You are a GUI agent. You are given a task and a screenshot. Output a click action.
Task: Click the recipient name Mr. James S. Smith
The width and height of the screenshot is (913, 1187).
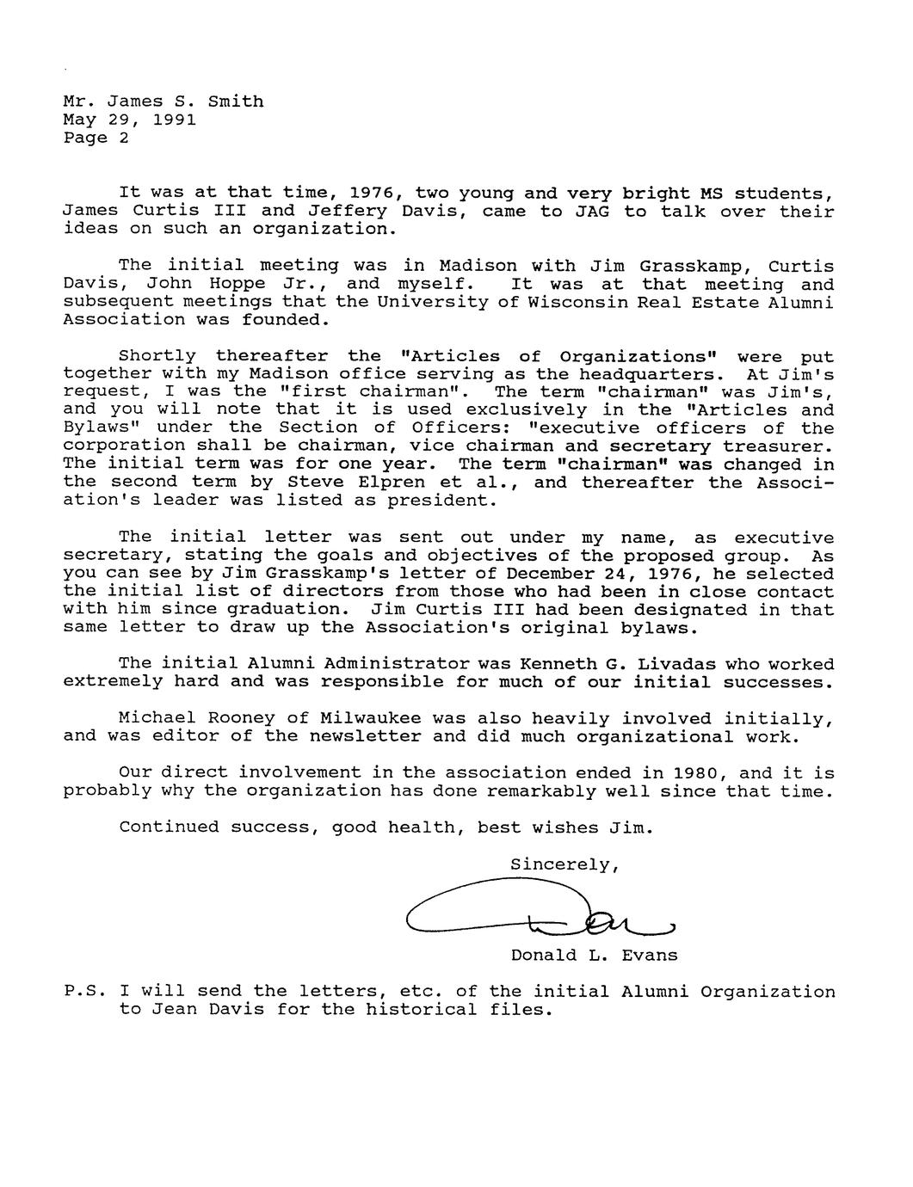pyautogui.click(x=163, y=101)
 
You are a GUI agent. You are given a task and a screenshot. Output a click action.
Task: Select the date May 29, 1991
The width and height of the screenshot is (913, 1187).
pyautogui.click(x=129, y=120)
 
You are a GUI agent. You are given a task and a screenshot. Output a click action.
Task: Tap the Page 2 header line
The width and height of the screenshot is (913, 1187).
pyautogui.click(x=96, y=138)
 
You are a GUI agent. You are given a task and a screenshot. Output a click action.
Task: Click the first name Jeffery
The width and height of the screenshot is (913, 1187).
pyautogui.click(x=336, y=211)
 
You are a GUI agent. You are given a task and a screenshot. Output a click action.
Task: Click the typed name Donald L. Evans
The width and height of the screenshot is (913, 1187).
pyautogui.click(x=594, y=955)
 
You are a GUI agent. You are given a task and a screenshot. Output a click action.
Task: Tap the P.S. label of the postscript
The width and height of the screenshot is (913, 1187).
pyautogui.click(x=84, y=992)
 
